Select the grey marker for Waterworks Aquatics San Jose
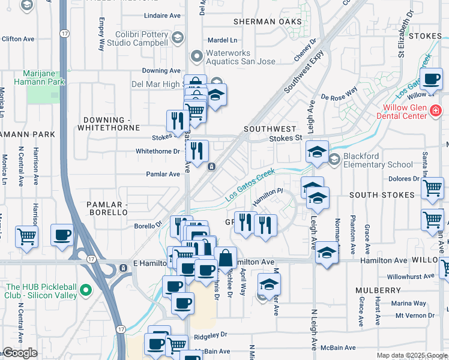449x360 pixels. coord(196,57)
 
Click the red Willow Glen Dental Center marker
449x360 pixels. coord(435,110)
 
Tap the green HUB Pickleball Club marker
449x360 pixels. coord(86,290)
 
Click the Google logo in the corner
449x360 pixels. coord(20,353)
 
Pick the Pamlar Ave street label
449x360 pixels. coord(163,175)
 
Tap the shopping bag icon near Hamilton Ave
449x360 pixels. coord(226,258)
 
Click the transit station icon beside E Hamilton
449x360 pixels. coord(123,267)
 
